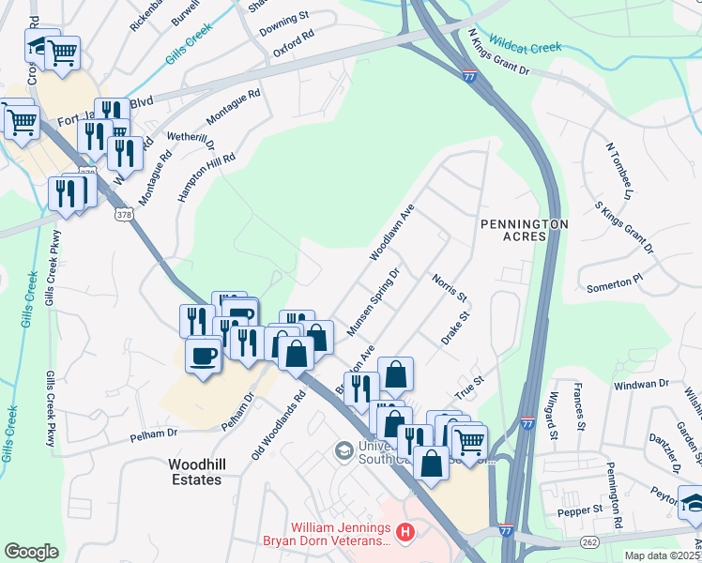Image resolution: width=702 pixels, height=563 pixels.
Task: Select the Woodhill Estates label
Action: click(x=195, y=472)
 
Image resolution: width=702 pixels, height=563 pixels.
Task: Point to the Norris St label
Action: click(x=450, y=286)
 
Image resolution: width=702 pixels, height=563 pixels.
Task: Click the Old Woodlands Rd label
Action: click(x=279, y=426)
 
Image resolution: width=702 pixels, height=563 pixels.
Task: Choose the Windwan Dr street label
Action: click(x=642, y=384)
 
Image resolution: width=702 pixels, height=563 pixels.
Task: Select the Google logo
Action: click(x=31, y=551)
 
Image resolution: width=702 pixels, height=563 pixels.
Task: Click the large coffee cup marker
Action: click(x=204, y=355)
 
